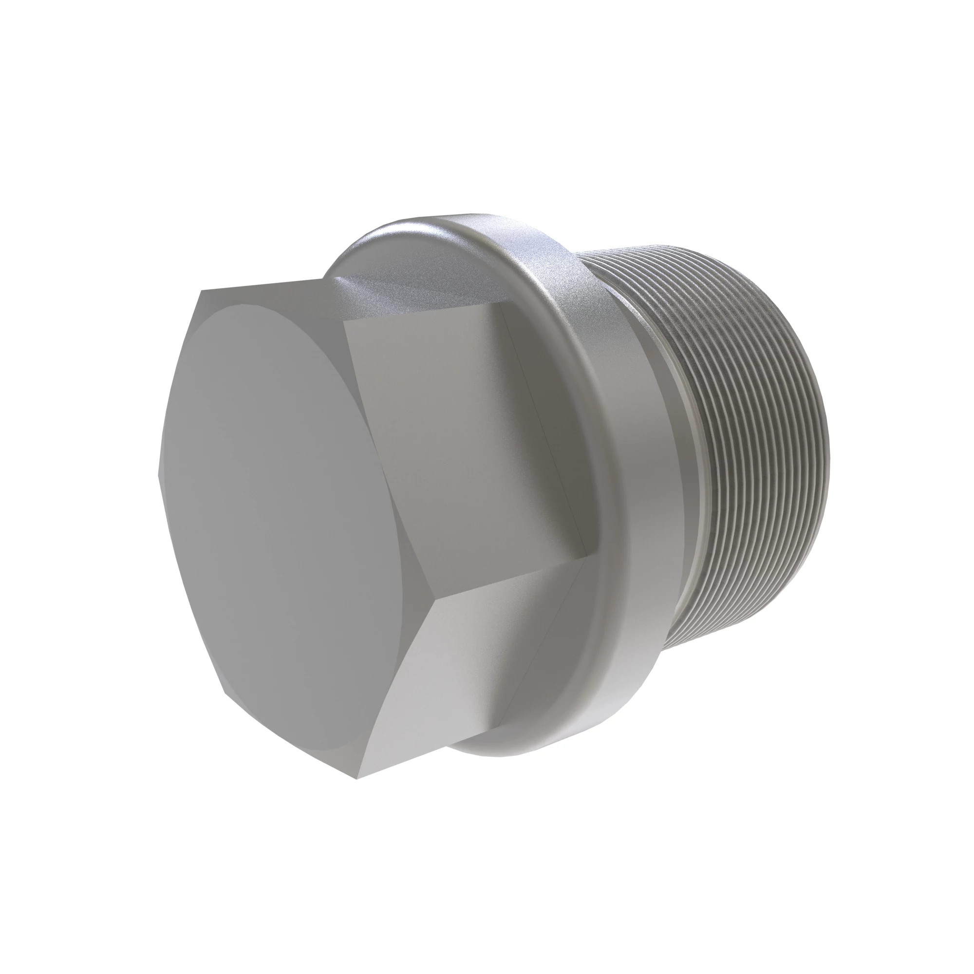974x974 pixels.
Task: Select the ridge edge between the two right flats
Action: tap(509, 580)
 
